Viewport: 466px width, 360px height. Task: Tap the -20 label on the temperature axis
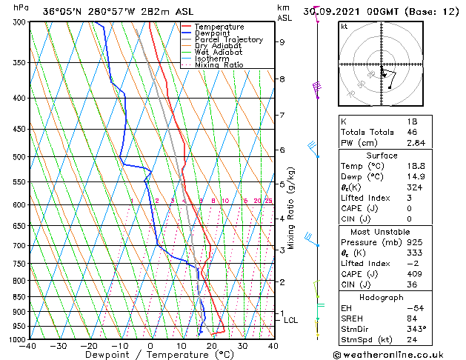88,345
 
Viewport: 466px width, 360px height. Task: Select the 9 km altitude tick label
282,42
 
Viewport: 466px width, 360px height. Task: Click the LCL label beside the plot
290,320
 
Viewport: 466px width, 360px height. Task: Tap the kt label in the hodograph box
344,27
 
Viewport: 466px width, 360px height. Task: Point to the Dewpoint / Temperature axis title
150,355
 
